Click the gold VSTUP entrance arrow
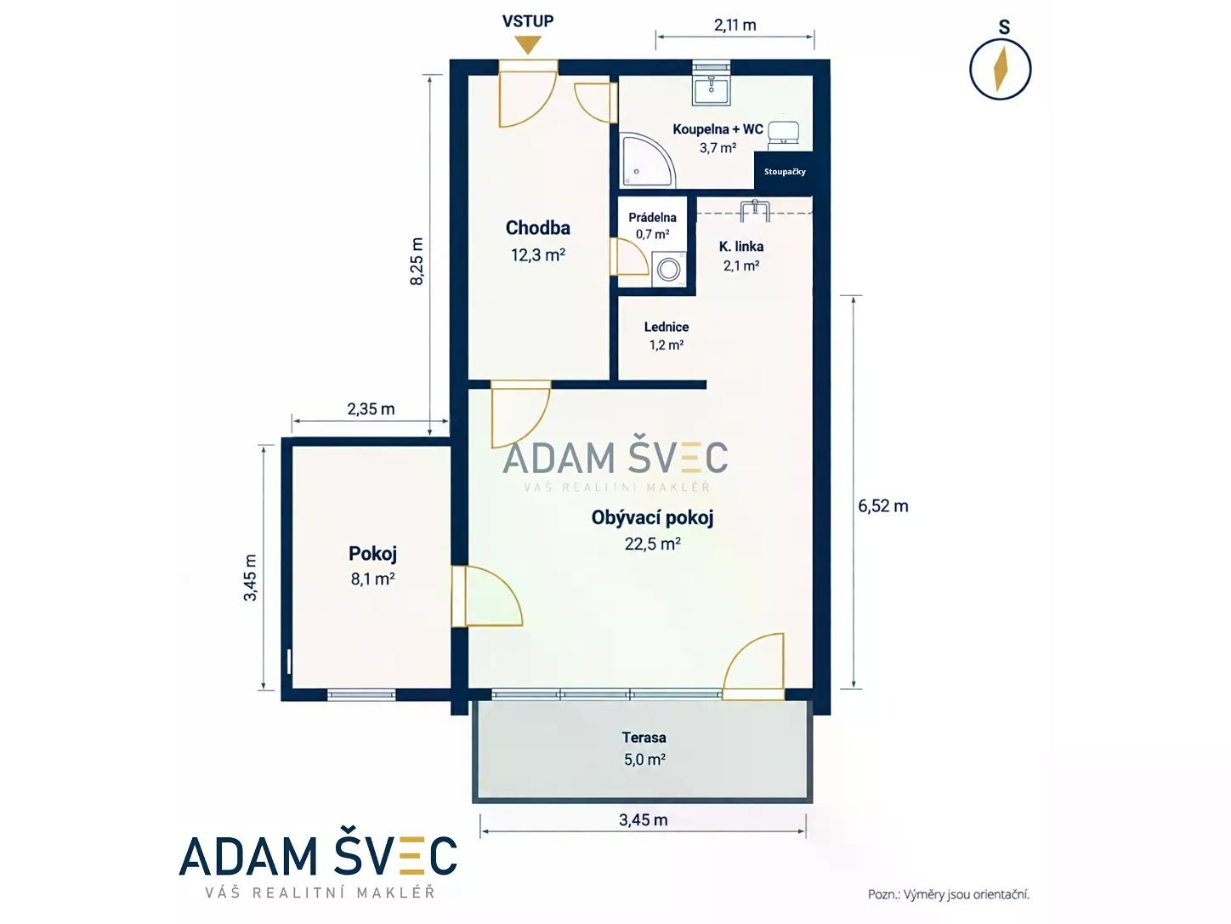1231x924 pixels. point(528,44)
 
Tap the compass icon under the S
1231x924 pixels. point(1000,69)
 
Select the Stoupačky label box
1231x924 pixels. point(785,172)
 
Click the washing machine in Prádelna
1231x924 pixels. point(669,270)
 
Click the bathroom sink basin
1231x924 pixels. point(711,91)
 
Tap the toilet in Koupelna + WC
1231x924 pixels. point(783,134)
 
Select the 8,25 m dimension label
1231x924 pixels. point(417,261)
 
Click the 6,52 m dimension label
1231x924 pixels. point(882,506)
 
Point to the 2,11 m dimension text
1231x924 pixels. point(735,26)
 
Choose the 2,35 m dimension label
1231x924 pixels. point(371,409)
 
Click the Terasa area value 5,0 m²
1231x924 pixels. point(644,760)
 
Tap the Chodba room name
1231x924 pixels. point(538,228)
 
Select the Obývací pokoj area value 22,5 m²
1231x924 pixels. point(653,544)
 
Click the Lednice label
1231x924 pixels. point(667,327)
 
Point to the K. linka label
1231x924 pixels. point(740,246)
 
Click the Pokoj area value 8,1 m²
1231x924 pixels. point(373,579)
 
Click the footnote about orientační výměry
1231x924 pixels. point(949,894)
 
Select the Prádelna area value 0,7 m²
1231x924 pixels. point(652,234)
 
